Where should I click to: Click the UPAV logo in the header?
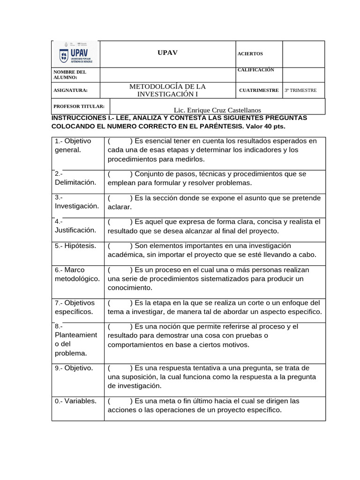76,54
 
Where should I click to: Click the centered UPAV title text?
167,52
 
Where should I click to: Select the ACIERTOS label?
250,54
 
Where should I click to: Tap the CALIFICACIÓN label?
256,70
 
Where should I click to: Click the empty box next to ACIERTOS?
303,54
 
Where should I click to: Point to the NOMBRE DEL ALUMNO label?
70,75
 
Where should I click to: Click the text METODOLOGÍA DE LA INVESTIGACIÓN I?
167,90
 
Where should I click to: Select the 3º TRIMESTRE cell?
300,90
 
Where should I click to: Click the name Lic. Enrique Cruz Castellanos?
217,110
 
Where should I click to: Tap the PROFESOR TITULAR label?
79,106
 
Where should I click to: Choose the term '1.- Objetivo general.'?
72,145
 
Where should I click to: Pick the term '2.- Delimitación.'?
75,178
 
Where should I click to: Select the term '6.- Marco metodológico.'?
77,274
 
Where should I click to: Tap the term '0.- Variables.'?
75,401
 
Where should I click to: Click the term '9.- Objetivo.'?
74,368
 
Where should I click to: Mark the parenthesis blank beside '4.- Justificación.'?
119,222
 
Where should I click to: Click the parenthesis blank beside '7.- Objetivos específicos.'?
119,303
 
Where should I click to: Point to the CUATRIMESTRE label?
259,90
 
